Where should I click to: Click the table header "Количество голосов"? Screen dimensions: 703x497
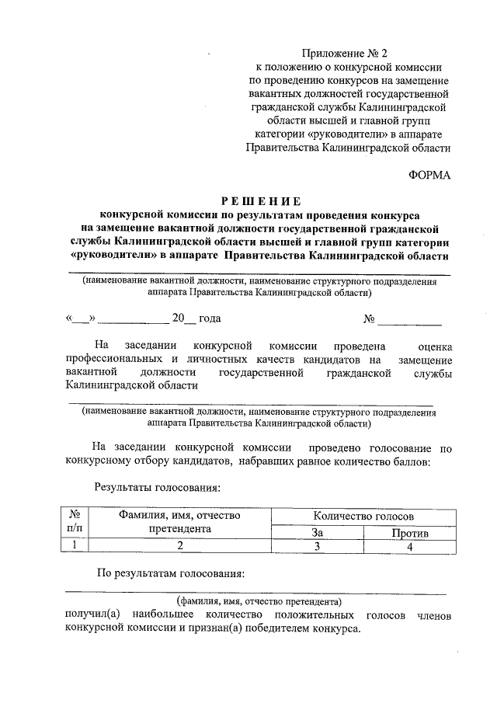[363, 516]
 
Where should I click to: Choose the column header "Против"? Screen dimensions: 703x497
[409, 533]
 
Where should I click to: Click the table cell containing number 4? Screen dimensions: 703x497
[409, 547]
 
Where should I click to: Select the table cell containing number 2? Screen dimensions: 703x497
[179, 547]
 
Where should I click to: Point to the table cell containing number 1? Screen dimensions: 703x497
[75, 546]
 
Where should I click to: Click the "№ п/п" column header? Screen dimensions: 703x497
[75, 521]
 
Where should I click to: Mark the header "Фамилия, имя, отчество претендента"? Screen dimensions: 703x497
[179, 521]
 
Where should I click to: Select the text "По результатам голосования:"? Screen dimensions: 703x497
[171, 574]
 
